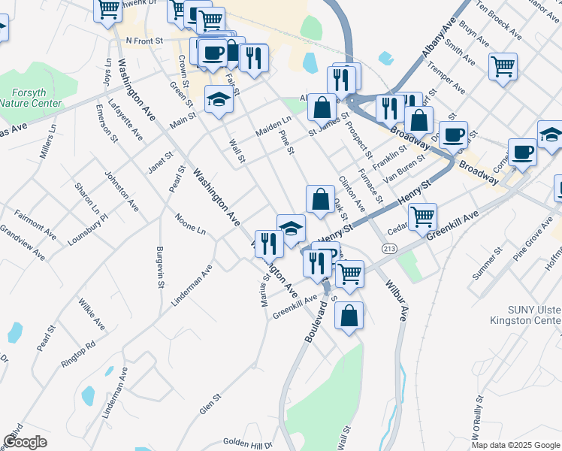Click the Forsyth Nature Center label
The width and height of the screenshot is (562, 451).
pyautogui.click(x=30, y=98)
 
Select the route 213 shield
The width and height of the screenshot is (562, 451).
pyautogui.click(x=389, y=248)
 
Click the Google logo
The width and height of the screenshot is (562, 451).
pyautogui.click(x=25, y=442)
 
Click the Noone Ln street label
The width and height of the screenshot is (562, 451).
pyautogui.click(x=190, y=226)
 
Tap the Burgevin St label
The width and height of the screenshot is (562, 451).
pyautogui.click(x=160, y=268)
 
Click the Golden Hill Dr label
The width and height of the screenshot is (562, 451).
pyautogui.click(x=248, y=443)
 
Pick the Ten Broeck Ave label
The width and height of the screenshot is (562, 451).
pyautogui.click(x=501, y=25)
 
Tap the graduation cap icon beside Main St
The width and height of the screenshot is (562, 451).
pyautogui.click(x=219, y=99)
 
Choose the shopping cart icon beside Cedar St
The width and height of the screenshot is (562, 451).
pyautogui.click(x=423, y=216)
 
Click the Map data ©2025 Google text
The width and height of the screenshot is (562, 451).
pyautogui.click(x=515, y=445)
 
